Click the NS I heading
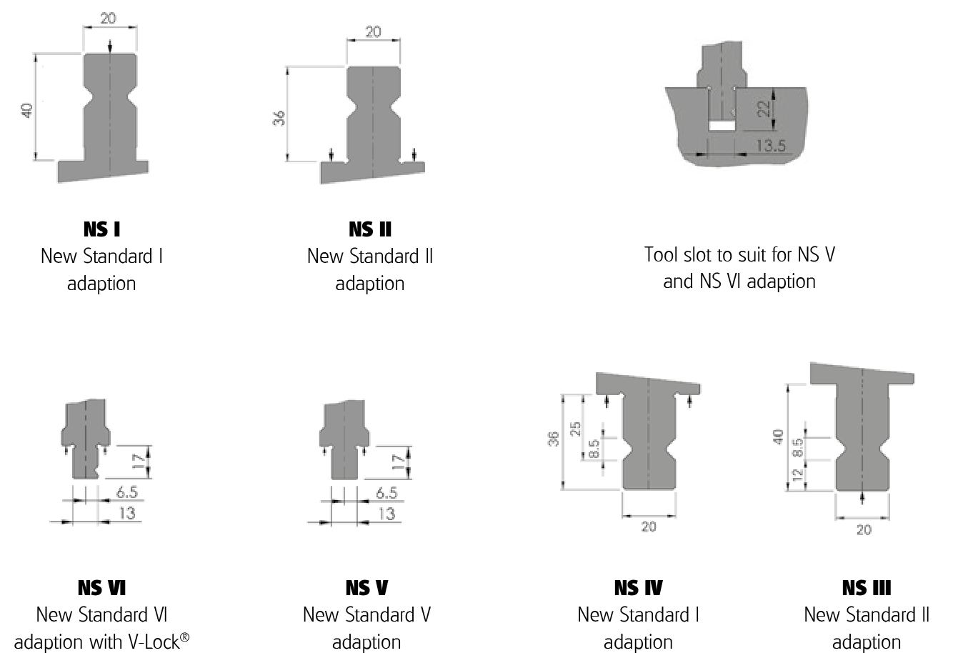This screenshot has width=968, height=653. pyautogui.click(x=101, y=229)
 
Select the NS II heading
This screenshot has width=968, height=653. pyautogui.click(x=370, y=229)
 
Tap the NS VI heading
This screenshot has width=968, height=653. pyautogui.click(x=101, y=588)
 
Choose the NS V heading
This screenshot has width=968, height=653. pyautogui.click(x=366, y=588)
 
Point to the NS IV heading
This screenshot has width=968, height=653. pyautogui.click(x=638, y=588)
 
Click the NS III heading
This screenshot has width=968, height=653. pyautogui.click(x=866, y=588)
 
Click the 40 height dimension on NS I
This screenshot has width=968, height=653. pyautogui.click(x=27, y=110)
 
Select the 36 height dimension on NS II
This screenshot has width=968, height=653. pyautogui.click(x=279, y=117)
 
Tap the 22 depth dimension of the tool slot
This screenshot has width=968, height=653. pyautogui.click(x=764, y=109)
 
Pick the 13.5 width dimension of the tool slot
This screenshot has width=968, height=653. pyautogui.click(x=770, y=146)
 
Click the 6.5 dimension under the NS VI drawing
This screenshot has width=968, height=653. pyautogui.click(x=126, y=492)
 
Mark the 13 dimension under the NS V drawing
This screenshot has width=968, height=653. pyautogui.click(x=386, y=513)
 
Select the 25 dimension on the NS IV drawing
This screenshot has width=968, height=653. pyautogui.click(x=576, y=429)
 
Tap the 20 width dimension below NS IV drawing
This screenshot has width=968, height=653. pyautogui.click(x=648, y=527)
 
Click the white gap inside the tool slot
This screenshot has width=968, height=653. pyautogui.click(x=722, y=126)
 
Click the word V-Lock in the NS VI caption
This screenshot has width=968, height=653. pyautogui.click(x=161, y=642)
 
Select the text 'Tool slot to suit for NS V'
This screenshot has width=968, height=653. pyautogui.click(x=739, y=254)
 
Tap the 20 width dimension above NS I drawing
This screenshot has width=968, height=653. pyautogui.click(x=108, y=18)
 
